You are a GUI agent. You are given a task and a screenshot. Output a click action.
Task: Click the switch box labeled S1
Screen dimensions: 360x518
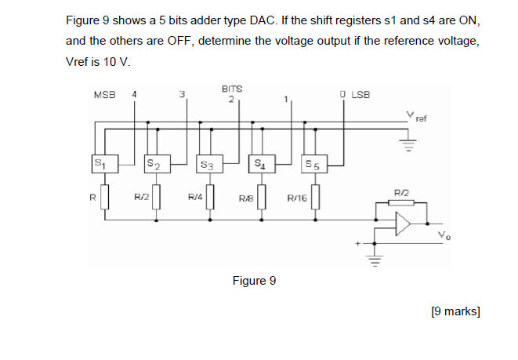coord(100,164)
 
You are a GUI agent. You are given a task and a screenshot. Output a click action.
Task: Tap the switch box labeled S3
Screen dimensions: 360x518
coord(207,165)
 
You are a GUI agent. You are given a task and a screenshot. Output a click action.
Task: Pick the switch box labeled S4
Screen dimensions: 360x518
coord(260,164)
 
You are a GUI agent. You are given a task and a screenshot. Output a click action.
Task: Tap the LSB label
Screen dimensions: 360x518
coord(360,96)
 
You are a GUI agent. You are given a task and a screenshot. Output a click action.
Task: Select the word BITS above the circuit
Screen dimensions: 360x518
coord(233,89)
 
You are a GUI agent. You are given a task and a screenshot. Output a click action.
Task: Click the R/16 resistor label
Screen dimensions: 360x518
coord(297,198)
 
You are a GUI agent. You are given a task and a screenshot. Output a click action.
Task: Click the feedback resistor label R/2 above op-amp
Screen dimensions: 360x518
coord(400,191)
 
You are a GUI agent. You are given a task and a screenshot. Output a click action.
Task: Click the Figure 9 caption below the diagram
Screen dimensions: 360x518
coord(254,280)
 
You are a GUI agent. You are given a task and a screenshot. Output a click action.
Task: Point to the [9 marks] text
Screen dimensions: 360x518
coord(455,311)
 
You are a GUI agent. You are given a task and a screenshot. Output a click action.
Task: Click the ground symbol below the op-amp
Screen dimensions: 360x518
coord(375,260)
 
